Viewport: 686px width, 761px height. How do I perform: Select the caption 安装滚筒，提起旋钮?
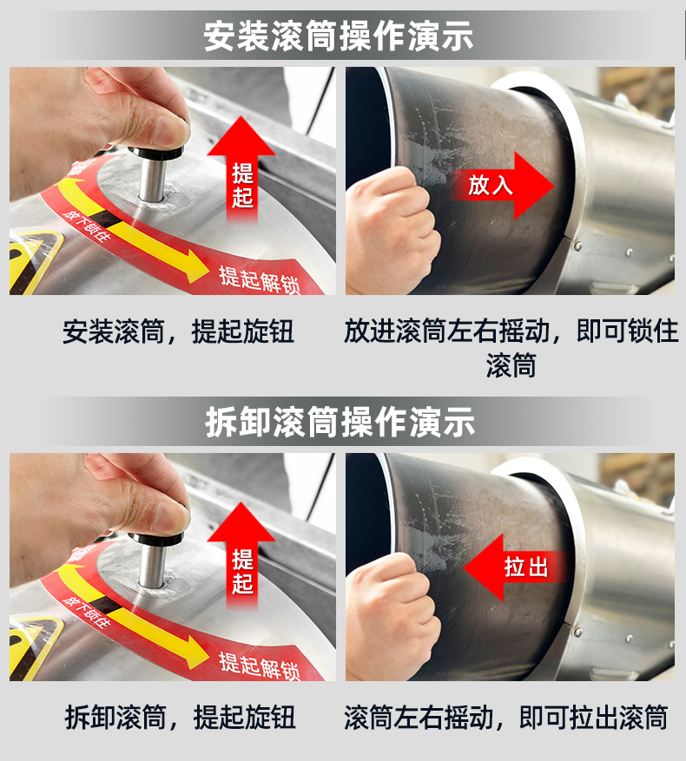178,331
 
